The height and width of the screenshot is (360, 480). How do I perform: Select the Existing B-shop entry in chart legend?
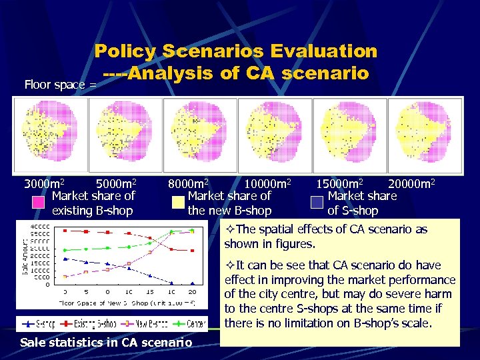[93, 324]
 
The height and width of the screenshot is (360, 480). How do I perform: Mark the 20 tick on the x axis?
[192, 292]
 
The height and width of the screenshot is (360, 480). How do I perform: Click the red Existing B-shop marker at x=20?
[192, 251]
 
